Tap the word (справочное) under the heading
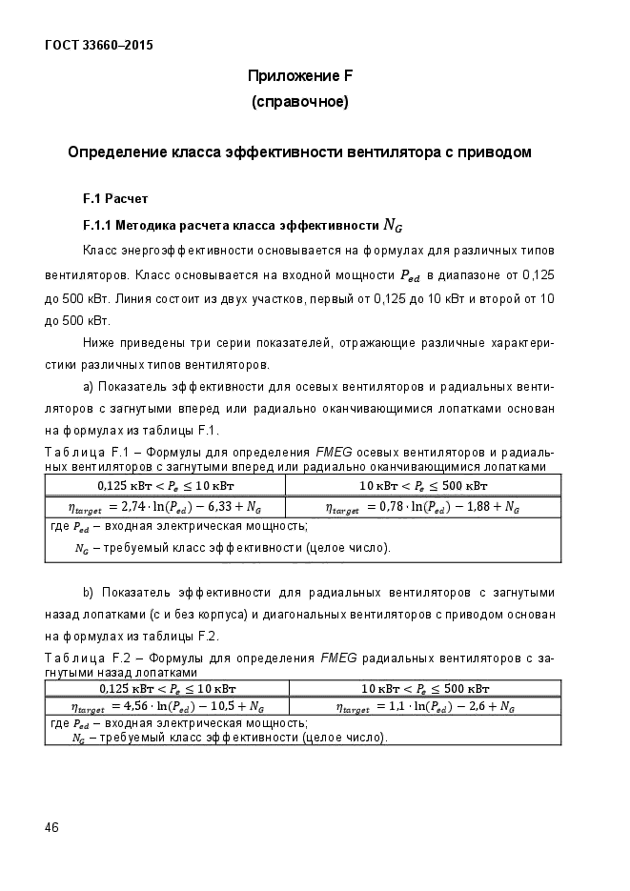pos(299,101)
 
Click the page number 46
pos(51,827)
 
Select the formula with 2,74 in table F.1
pos(166,507)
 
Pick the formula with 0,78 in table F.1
pos(422,507)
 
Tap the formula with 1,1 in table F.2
pos(425,707)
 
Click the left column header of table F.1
pos(166,485)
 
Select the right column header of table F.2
pos(425,688)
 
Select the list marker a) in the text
pos(89,388)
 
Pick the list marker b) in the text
pos(89,593)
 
